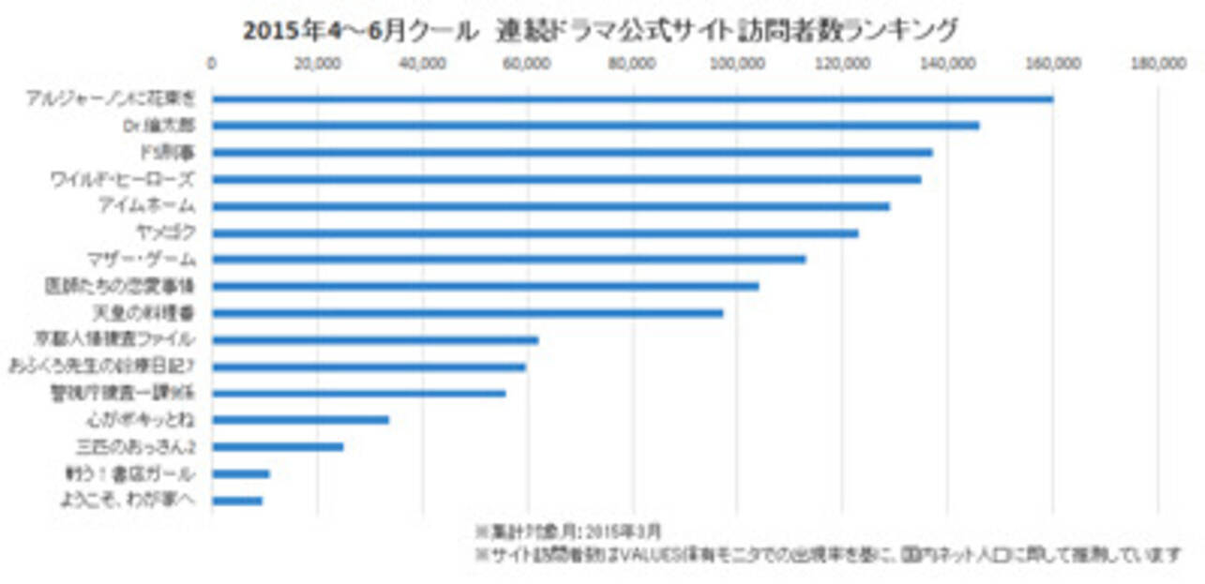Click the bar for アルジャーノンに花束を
click(632, 98)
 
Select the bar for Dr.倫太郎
click(595, 125)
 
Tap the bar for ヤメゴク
click(535, 232)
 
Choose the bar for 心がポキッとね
click(300, 419)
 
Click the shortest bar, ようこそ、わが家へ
click(237, 501)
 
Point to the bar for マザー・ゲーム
click(508, 259)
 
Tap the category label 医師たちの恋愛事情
click(119, 285)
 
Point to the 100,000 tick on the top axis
click(737, 64)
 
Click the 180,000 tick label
click(1159, 64)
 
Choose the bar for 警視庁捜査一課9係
click(358, 393)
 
